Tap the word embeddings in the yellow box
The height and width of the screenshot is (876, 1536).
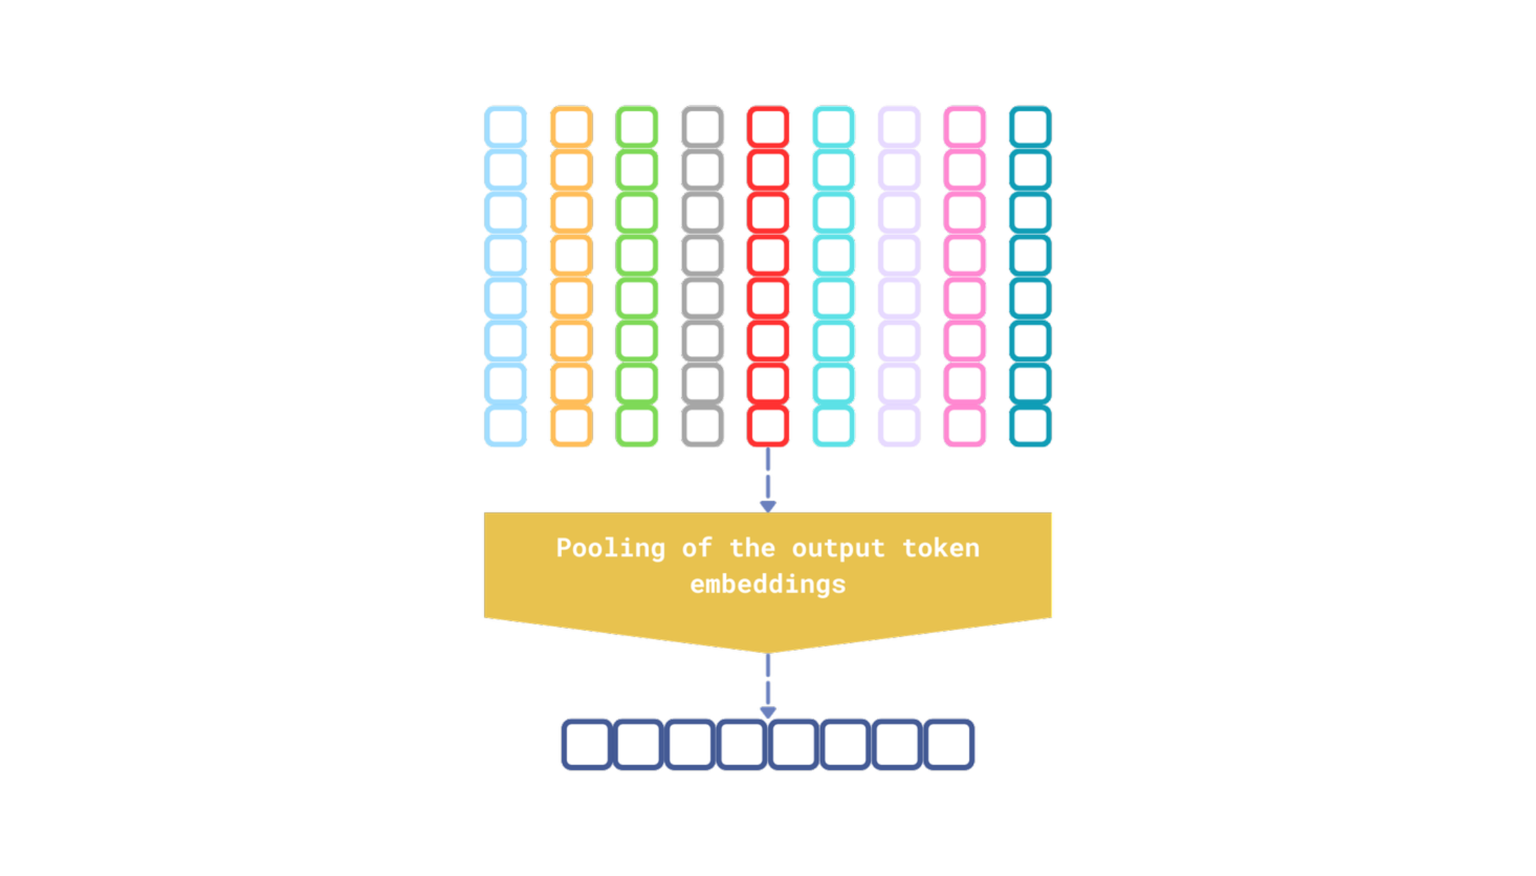tap(768, 585)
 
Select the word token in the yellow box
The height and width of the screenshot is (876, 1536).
tap(941, 548)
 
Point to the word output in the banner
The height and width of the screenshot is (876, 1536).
tap(838, 549)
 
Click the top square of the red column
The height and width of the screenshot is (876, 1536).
tap(768, 127)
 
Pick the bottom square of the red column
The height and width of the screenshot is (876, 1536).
tap(768, 426)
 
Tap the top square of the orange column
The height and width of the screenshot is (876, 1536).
tap(572, 127)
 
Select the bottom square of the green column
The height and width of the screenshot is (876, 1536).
tap(636, 426)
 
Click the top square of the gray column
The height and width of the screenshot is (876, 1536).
tap(703, 127)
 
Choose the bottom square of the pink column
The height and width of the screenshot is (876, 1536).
tap(964, 426)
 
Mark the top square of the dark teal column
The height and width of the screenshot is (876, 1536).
tap(1030, 127)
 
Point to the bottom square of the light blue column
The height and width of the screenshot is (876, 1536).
tap(506, 426)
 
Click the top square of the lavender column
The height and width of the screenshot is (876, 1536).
tap(900, 127)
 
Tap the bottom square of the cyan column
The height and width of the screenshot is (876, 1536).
tap(833, 426)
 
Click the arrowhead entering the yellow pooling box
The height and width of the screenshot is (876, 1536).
tap(768, 507)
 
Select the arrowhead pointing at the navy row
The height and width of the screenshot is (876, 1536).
tap(768, 713)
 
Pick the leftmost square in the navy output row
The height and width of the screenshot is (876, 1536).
tap(587, 744)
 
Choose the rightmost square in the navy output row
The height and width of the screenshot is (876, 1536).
tap(949, 744)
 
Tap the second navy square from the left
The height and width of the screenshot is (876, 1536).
tap(639, 744)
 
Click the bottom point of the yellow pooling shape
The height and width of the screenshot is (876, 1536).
tap(768, 653)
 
